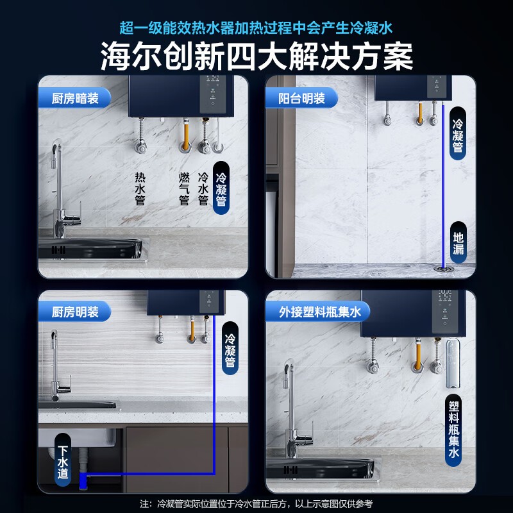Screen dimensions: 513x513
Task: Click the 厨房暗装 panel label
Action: (x=75, y=98)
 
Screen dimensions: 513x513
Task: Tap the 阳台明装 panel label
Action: (x=301, y=98)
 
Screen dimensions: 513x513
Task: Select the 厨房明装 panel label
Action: (x=75, y=312)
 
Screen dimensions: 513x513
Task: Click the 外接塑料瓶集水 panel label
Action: (x=319, y=312)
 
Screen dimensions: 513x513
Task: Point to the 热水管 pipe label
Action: (x=140, y=189)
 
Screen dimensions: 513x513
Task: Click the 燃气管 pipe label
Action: (x=184, y=189)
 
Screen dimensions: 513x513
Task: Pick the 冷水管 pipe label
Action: (x=203, y=189)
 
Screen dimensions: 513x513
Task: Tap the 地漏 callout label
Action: (x=458, y=243)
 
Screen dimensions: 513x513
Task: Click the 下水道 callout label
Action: (x=63, y=462)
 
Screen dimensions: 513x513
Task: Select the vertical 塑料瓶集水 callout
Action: (x=454, y=430)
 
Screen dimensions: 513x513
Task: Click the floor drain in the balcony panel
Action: (x=444, y=269)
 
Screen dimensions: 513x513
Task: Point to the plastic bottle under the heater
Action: (x=453, y=364)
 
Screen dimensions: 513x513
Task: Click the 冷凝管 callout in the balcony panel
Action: (x=458, y=133)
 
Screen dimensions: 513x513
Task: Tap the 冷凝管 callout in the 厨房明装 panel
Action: (x=230, y=348)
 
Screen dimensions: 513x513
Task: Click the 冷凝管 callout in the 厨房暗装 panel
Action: (x=221, y=189)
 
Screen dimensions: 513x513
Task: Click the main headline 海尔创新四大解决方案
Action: (x=256, y=56)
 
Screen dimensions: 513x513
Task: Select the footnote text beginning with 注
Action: (x=256, y=504)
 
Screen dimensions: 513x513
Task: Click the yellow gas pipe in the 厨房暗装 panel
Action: (x=186, y=135)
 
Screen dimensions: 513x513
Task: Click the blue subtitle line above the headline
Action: (x=256, y=28)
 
